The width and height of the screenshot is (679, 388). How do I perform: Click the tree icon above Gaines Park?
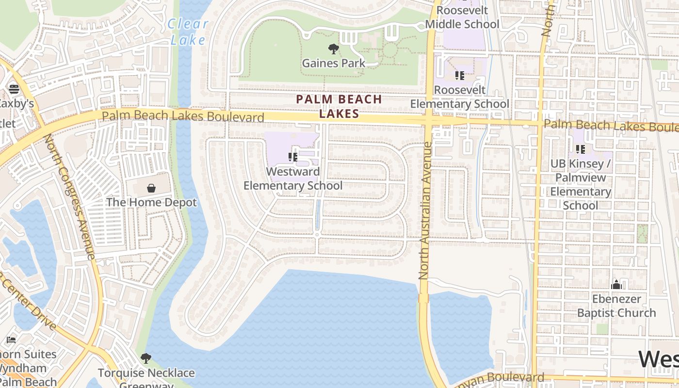pyautogui.click(x=333, y=48)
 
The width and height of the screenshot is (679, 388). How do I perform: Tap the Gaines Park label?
pyautogui.click(x=333, y=63)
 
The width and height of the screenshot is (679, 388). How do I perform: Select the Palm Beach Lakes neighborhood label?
pyautogui.click(x=339, y=106)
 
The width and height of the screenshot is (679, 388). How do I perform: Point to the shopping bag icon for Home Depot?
pyautogui.click(x=151, y=188)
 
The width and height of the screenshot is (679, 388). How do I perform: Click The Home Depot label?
pyautogui.click(x=151, y=202)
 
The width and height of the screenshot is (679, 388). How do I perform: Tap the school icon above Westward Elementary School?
pyautogui.click(x=293, y=157)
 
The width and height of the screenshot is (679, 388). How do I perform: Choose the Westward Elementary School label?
pyautogui.click(x=293, y=178)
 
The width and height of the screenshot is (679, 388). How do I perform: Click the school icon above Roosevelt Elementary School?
pyautogui.click(x=459, y=76)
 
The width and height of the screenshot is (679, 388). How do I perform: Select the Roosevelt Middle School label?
pyautogui.click(x=462, y=17)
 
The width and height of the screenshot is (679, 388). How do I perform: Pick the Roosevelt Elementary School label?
pyautogui.click(x=459, y=97)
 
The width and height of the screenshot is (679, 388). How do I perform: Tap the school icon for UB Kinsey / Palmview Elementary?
pyautogui.click(x=580, y=149)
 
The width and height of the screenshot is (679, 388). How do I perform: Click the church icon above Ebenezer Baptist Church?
pyautogui.click(x=616, y=285)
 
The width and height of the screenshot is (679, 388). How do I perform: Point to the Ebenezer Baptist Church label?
pyautogui.click(x=616, y=306)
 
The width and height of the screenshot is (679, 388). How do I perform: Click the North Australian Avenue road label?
pyautogui.click(x=425, y=210)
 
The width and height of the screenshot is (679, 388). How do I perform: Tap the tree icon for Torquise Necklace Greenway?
pyautogui.click(x=146, y=358)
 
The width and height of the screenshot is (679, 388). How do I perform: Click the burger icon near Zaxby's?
pyautogui.click(x=14, y=89)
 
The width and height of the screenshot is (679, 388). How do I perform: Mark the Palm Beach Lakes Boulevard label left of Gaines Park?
pyautogui.click(x=183, y=116)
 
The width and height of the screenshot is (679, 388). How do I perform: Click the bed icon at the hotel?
pyautogui.click(x=11, y=340)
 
